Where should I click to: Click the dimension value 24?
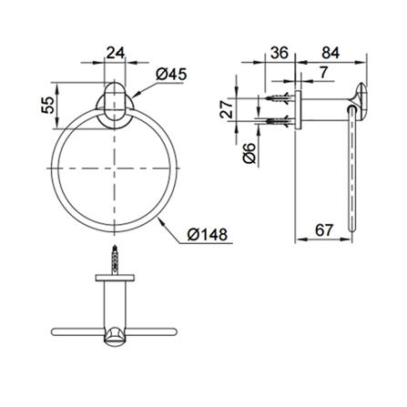pos(116,53)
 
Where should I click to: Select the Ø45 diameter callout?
pos(171,74)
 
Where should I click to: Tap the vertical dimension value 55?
pos(48,105)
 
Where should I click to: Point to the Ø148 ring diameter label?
pos(208,234)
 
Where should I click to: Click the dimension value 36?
pos(280,53)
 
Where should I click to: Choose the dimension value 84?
pos(331,53)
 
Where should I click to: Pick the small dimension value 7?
pos(323,73)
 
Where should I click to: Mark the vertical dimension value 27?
pos(227,109)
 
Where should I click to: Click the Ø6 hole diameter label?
pos(249,153)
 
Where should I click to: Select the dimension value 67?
pos(324,230)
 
